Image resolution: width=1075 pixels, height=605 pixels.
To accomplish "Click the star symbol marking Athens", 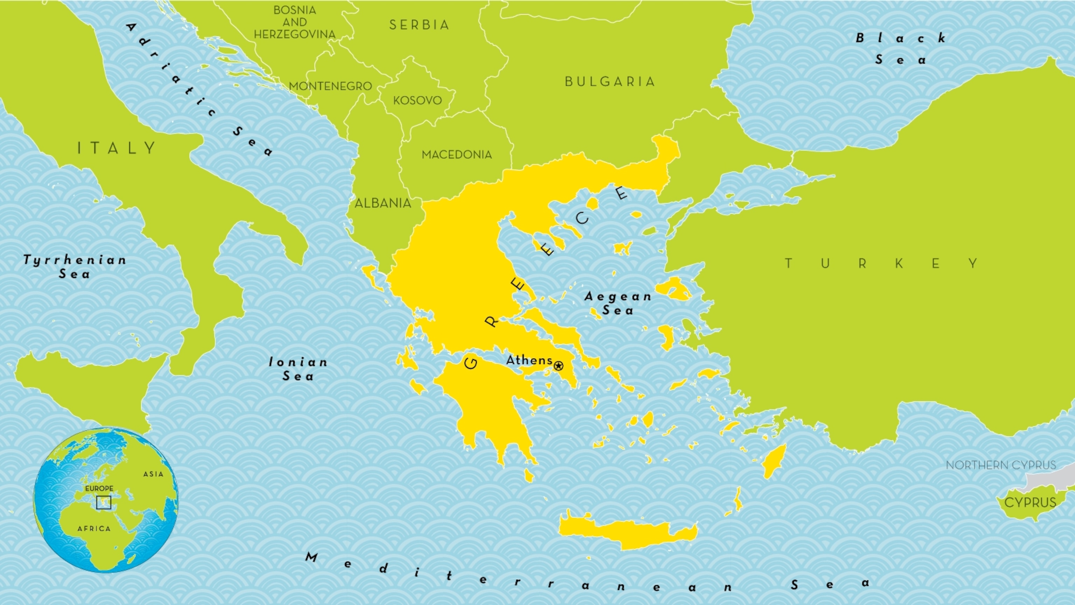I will [558, 366].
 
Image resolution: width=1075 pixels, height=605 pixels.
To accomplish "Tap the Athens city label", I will [529, 360].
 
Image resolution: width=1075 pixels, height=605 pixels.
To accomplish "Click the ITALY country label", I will [117, 148].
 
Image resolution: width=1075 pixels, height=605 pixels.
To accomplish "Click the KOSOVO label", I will [417, 100].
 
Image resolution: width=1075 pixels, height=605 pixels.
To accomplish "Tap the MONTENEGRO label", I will [330, 86].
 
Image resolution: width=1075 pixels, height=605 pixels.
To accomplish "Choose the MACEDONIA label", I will [457, 154].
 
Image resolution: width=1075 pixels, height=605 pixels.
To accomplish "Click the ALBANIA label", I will [383, 203].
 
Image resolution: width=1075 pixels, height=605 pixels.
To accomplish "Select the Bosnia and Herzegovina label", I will [295, 22].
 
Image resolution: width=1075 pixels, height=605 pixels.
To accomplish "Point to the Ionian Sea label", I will [298, 369].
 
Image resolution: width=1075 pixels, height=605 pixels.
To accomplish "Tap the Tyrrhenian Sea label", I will [75, 267].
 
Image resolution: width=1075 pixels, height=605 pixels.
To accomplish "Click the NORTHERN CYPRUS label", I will [1000, 465].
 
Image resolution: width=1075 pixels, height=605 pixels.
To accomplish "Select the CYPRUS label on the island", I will [1030, 502].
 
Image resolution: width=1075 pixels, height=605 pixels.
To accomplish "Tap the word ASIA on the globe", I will [153, 474].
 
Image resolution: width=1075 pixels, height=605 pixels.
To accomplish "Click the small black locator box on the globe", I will [104, 502].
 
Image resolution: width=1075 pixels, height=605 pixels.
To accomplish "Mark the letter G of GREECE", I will [471, 363].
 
